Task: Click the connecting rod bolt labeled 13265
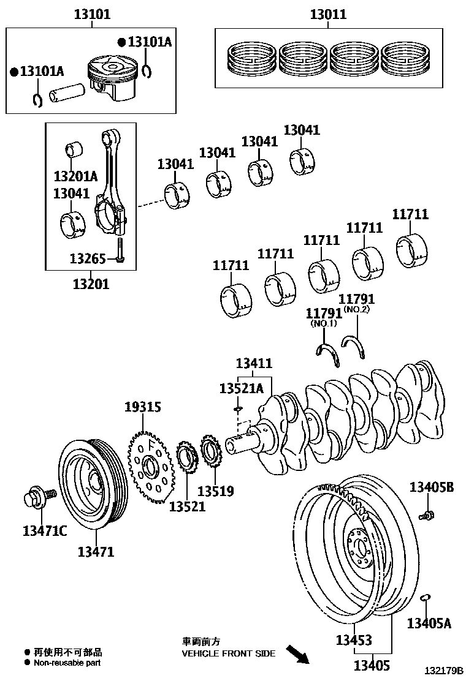pos(120,252)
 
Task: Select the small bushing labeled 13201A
pos(75,150)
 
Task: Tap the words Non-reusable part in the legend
pos(67,663)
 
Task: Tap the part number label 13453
pos(353,640)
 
